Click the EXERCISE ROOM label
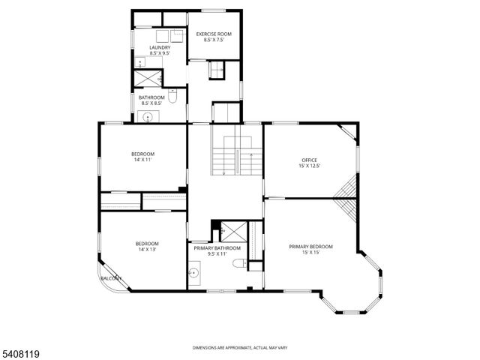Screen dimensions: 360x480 coord(214,34)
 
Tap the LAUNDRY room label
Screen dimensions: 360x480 coord(160,47)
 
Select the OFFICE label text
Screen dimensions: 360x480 coord(310,160)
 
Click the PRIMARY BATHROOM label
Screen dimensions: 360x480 coord(217,248)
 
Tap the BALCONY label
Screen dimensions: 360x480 coord(109,278)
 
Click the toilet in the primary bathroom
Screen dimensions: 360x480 coord(239,263)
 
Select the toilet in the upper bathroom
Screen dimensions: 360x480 coord(173,96)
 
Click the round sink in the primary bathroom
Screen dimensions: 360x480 coord(195,274)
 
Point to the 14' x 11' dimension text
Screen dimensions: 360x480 coord(142,160)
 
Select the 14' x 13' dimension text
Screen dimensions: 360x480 coord(147,249)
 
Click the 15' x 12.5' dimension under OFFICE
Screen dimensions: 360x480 coord(310,166)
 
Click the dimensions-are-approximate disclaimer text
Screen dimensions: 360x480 coord(239,348)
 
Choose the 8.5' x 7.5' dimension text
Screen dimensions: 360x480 coord(214,40)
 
